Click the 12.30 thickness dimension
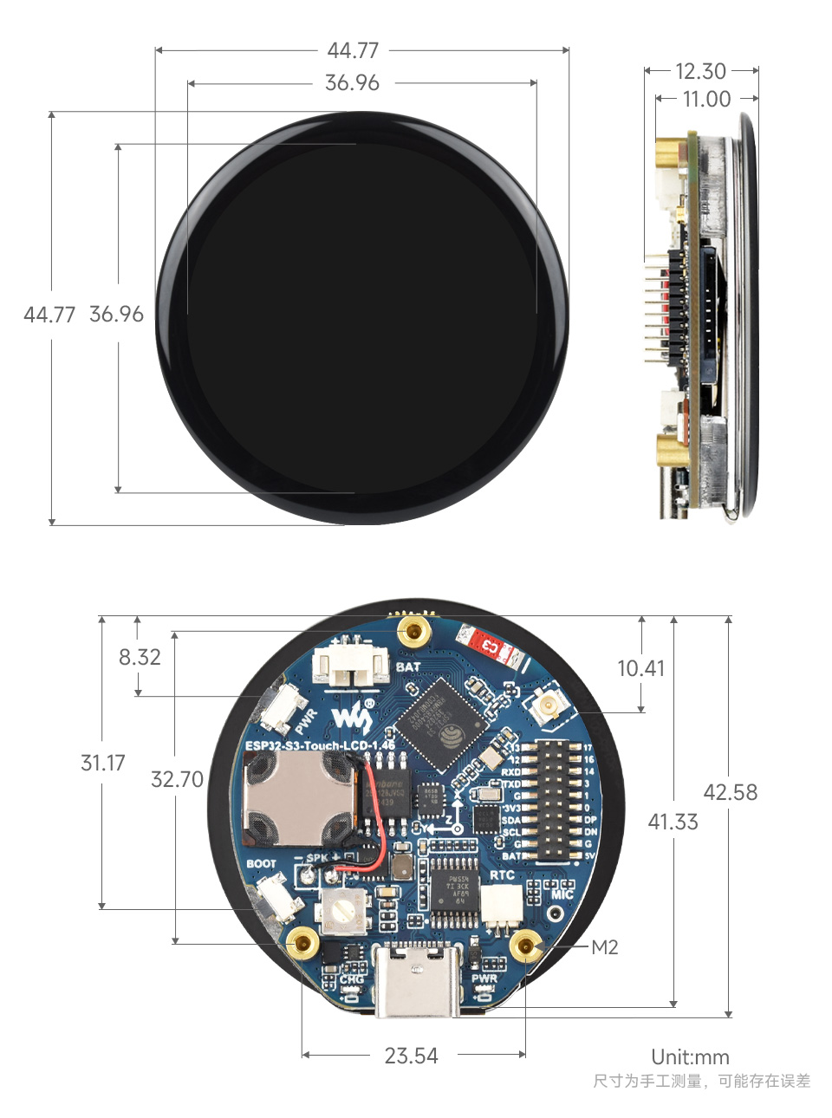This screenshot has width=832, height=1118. click(700, 71)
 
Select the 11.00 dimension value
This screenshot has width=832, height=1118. click(706, 99)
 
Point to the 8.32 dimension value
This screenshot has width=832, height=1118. click(140, 657)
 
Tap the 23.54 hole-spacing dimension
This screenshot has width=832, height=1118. click(411, 1056)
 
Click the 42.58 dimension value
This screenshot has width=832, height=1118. click(730, 792)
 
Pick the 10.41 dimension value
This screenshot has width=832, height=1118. click(640, 668)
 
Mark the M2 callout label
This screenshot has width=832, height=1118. click(605, 947)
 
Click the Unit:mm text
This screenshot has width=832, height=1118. click(690, 1057)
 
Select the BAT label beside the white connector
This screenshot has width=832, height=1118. click(408, 666)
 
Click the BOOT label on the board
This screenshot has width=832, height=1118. click(261, 863)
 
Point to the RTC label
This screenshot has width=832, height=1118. click(502, 875)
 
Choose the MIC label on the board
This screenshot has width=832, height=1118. click(562, 894)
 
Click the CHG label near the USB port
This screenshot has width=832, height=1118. click(352, 979)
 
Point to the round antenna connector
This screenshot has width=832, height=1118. click(548, 706)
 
